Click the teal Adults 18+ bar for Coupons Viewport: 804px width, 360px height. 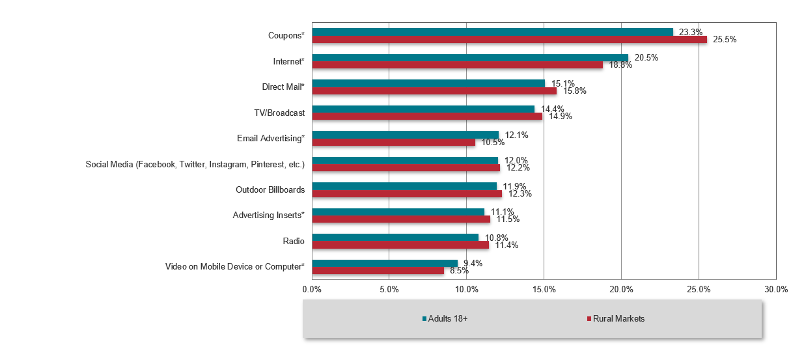pyautogui.click(x=492, y=32)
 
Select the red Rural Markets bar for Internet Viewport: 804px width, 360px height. pyautogui.click(x=457, y=64)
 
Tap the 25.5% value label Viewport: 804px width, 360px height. pyautogui.click(x=725, y=40)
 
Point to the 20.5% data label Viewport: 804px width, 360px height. pyautogui.click(x=646, y=57)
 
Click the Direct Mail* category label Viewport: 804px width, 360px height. pyautogui.click(x=279, y=87)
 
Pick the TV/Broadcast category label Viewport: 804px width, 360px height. pyautogui.click(x=279, y=113)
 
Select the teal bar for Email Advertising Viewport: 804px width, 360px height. pyautogui.click(x=405, y=135)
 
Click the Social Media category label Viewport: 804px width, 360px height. pyautogui.click(x=195, y=164)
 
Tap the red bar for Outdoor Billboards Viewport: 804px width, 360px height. pyautogui.click(x=407, y=193)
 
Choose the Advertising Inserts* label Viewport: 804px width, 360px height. pyautogui.click(x=268, y=215)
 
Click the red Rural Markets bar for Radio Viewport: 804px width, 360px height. pyautogui.click(x=400, y=245)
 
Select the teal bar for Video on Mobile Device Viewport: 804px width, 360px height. pyautogui.click(x=385, y=263)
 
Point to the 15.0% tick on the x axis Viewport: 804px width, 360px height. pyautogui.click(x=544, y=289)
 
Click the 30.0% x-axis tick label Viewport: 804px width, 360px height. pyautogui.click(x=775, y=289)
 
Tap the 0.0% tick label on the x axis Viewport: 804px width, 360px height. pyautogui.click(x=312, y=289)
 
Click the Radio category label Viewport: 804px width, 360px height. pyautogui.click(x=294, y=241)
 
